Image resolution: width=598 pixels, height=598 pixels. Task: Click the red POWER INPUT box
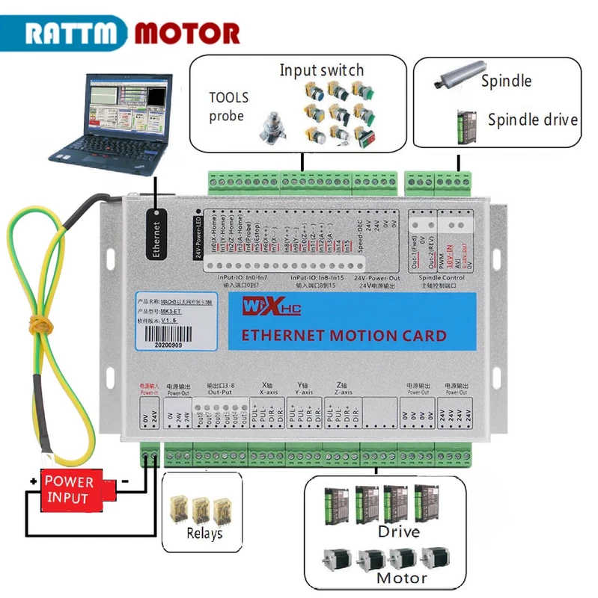[x=69, y=490]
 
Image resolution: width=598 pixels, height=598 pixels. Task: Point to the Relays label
[x=204, y=534]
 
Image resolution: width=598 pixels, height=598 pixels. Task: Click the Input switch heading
[x=322, y=70]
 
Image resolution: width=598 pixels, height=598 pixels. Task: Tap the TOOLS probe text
[x=228, y=106]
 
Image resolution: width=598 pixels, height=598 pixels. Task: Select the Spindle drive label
[x=532, y=120]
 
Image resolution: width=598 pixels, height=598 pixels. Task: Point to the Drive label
[x=398, y=532]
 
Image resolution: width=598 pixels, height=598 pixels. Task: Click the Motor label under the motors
[x=401, y=577]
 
